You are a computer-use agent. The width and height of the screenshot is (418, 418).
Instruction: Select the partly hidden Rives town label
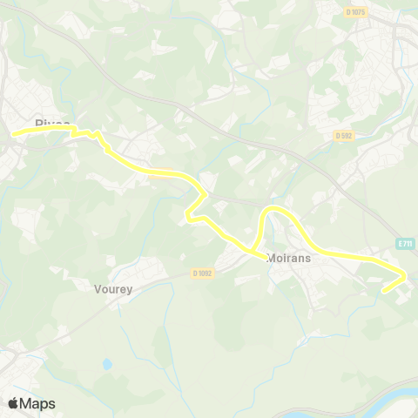(51, 124)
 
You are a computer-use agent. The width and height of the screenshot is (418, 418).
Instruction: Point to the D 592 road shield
(345, 135)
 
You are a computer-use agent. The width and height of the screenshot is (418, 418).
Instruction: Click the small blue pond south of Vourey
(107, 363)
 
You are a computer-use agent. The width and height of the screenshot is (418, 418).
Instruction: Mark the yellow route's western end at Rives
(13, 133)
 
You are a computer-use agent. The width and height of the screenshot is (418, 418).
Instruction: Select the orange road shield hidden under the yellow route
(159, 172)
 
